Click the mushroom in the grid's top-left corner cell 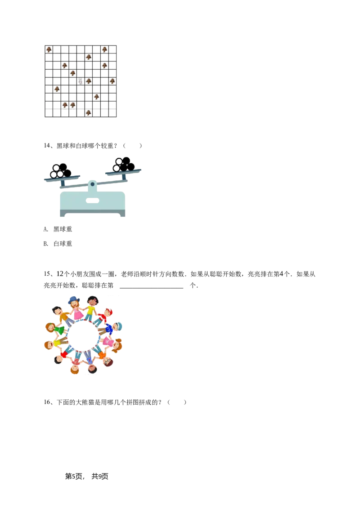49,49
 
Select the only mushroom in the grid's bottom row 89,113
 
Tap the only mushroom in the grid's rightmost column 112,81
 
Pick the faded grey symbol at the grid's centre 81,81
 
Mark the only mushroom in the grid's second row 89,57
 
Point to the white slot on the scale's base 92,199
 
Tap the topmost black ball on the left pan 63,167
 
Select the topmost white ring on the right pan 120,161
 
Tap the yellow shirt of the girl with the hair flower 92,310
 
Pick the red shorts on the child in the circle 64,354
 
